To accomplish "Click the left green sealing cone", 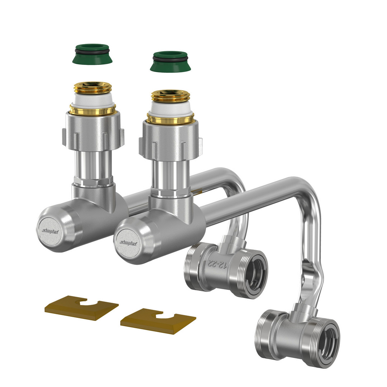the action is (92, 54).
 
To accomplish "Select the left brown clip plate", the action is (81, 308).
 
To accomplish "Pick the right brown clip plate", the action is (158, 321).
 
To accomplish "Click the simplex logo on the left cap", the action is (50, 231).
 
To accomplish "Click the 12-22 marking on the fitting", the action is (217, 264).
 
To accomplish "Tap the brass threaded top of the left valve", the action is (92, 88).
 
